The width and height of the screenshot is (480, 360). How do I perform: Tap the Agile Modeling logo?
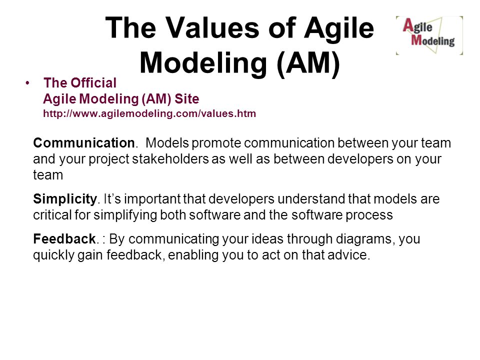pos(429,35)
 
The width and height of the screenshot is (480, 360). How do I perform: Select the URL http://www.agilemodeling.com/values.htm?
pos(149,113)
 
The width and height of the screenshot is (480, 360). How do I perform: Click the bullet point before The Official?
pos(27,83)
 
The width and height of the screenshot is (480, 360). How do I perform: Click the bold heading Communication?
pos(84,143)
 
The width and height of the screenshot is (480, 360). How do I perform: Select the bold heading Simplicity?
pos(65,199)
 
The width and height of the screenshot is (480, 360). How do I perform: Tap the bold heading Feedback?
pos(64,239)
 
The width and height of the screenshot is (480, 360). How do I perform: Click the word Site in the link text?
pos(186,99)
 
